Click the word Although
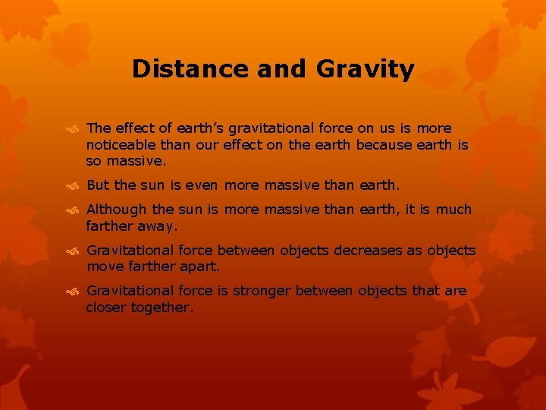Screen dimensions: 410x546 tap(118, 210)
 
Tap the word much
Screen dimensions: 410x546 tap(453, 210)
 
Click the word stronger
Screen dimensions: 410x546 tap(262, 292)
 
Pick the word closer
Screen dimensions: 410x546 tap(106, 308)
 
